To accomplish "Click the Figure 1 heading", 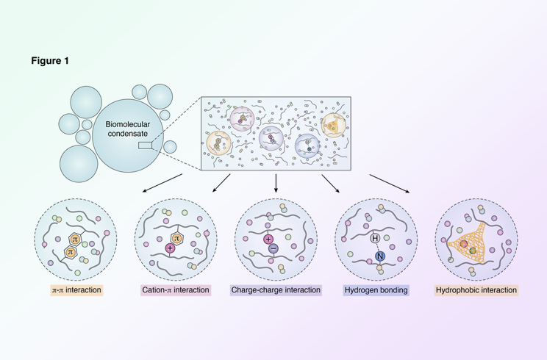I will click(50, 61).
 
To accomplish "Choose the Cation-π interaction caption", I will click(176, 290).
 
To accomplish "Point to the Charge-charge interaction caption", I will click(276, 290).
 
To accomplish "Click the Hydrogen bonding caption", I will click(376, 290).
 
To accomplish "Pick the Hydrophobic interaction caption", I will click(476, 290).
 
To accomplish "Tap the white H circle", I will click(375, 239).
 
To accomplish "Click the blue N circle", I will click(380, 256).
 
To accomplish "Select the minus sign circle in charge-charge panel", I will click(273, 249).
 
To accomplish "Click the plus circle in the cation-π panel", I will click(170, 248).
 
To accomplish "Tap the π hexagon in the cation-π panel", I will click(176, 239).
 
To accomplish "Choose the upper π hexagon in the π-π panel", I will click(75, 239).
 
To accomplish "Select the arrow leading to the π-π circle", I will click(162, 183).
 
